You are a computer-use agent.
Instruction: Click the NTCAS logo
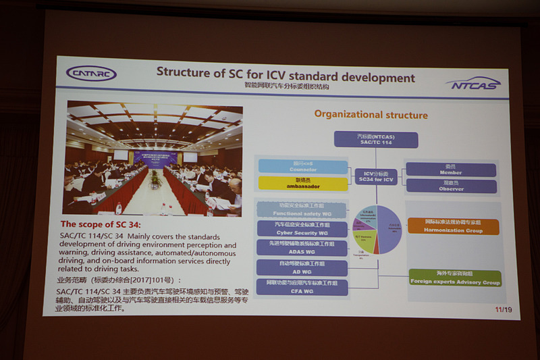click(x=473, y=83)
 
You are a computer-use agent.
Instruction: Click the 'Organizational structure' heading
click(x=371, y=115)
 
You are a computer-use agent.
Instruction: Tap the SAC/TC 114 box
click(x=376, y=140)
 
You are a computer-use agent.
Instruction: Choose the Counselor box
click(x=303, y=166)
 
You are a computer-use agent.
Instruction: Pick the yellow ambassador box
click(x=303, y=183)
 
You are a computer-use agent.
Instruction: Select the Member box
click(x=451, y=170)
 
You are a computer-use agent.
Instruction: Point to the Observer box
click(x=451, y=186)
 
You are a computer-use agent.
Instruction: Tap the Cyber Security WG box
click(x=302, y=228)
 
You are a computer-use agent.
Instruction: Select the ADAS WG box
click(x=302, y=247)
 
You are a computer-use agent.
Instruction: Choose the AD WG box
click(x=302, y=267)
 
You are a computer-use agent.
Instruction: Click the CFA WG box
click(x=302, y=287)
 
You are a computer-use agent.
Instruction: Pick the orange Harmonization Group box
click(x=454, y=226)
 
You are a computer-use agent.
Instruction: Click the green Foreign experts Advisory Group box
click(x=455, y=278)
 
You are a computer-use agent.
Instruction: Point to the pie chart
click(x=377, y=230)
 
